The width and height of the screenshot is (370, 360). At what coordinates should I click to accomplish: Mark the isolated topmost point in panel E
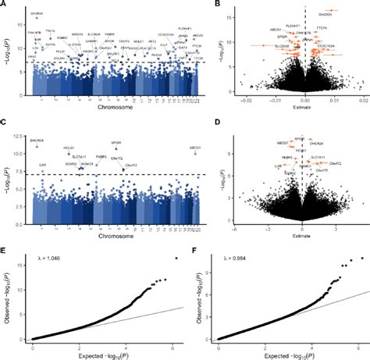coord(176,258)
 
